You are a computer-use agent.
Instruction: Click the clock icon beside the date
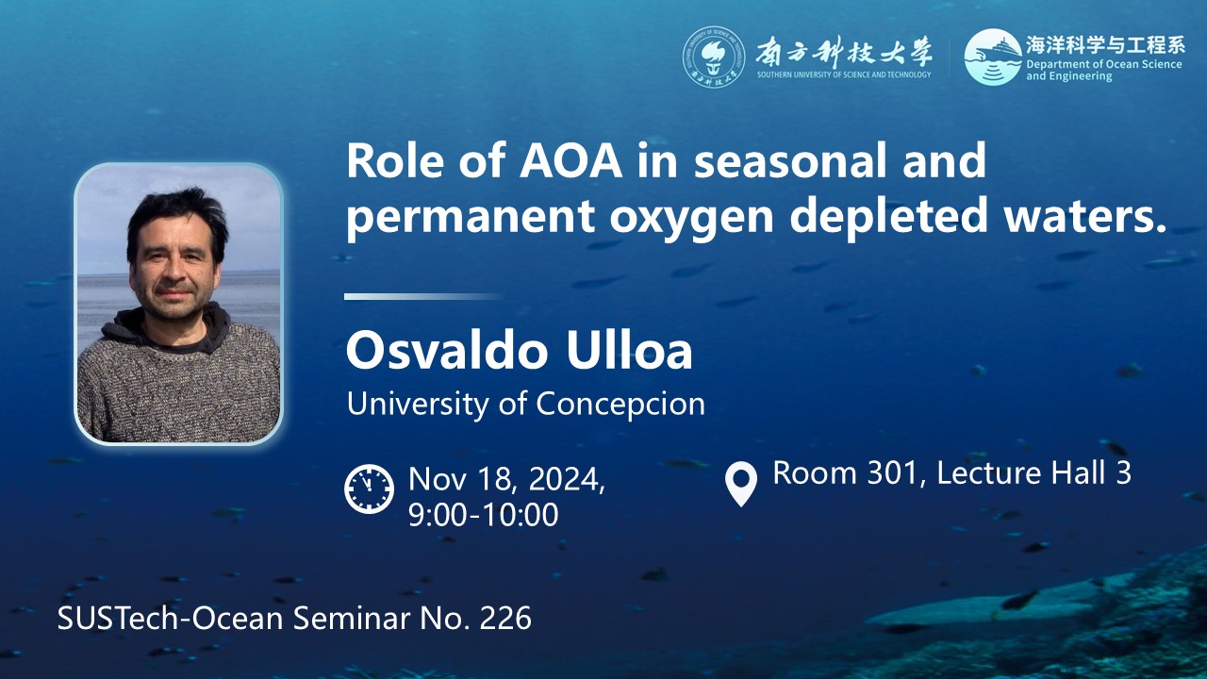(369, 489)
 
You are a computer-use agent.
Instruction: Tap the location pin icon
(741, 484)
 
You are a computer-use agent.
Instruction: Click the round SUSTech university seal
(714, 57)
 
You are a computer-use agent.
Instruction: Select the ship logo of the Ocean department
(993, 57)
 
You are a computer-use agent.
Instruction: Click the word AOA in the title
(570, 161)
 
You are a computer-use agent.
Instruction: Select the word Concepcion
(620, 405)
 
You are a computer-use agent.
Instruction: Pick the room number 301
(891, 473)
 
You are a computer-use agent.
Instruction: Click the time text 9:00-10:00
(484, 515)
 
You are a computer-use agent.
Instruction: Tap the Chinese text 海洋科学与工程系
(1105, 45)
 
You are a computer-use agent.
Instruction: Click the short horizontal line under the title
(422, 296)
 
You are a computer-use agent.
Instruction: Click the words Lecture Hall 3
(1033, 473)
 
